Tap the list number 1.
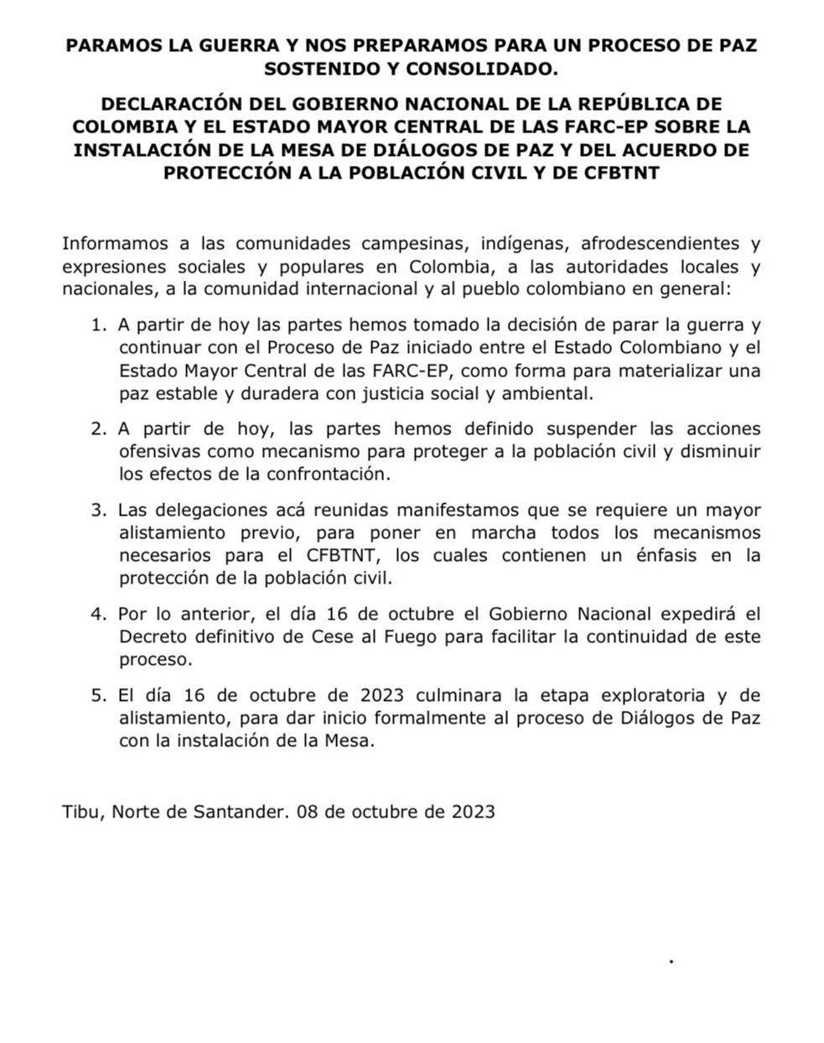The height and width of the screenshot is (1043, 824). coord(98,324)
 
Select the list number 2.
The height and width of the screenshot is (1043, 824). coord(98,428)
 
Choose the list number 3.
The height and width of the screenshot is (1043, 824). coord(98,510)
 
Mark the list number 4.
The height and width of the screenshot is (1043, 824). coord(98,614)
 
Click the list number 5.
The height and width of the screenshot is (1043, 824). coord(98,696)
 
